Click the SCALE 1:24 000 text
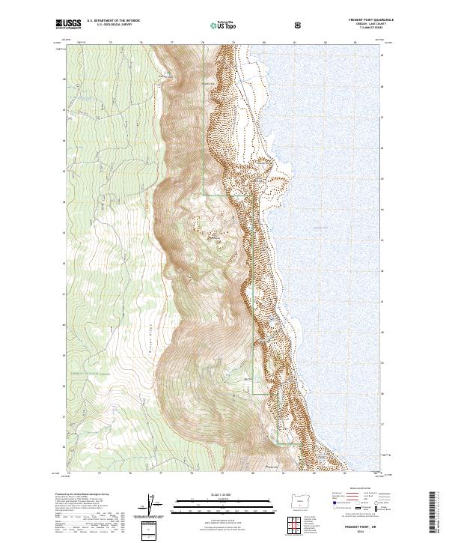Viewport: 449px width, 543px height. pos(224,495)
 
